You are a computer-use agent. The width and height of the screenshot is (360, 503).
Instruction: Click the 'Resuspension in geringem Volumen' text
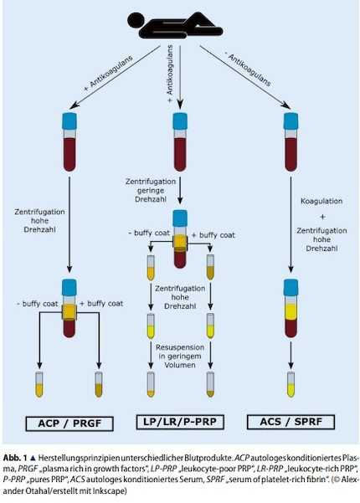pos(179,356)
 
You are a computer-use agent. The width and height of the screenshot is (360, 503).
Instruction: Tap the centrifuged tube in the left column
pos(69,309)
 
